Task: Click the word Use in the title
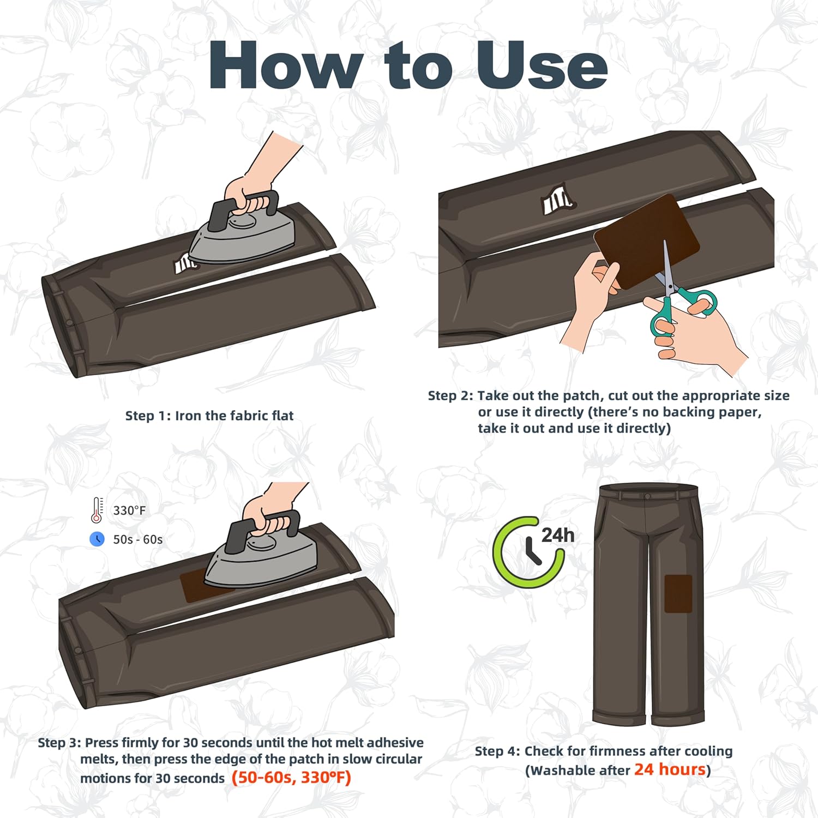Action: [542, 65]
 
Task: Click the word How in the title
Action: [286, 65]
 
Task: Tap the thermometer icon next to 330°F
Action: [97, 510]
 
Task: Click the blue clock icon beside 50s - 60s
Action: [97, 539]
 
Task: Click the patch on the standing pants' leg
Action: [678, 593]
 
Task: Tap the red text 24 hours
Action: [670, 769]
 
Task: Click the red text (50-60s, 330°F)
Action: [291, 777]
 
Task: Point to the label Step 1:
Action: [148, 416]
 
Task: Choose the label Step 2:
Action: [450, 395]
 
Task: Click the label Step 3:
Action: [59, 743]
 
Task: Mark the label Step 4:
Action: [497, 751]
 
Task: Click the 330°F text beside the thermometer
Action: [129, 510]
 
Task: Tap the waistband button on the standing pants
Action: [647, 496]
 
